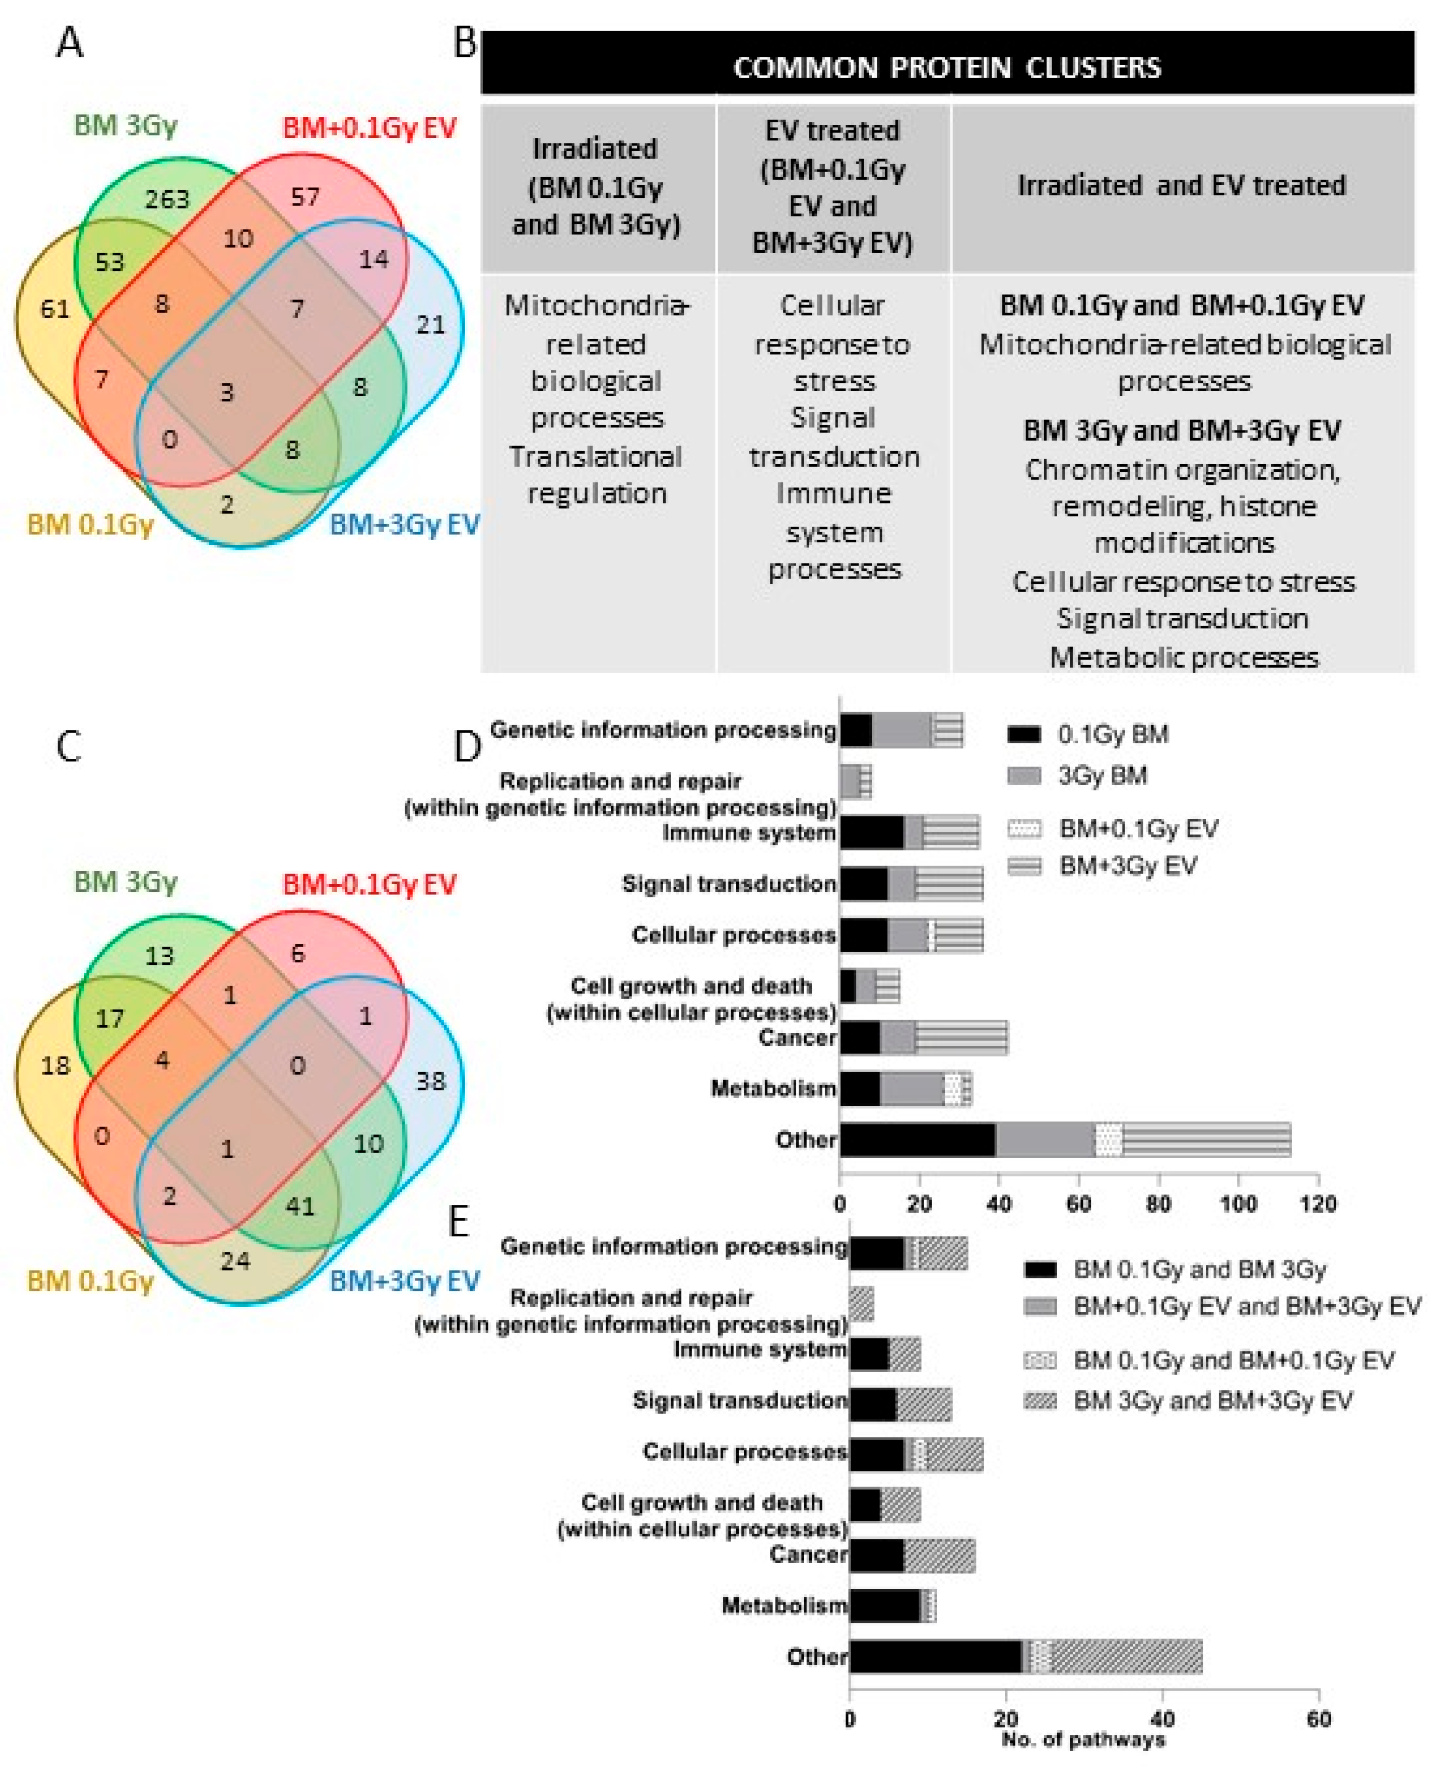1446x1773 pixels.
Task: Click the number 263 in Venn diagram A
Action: click(167, 198)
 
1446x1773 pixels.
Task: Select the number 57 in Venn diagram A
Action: click(305, 197)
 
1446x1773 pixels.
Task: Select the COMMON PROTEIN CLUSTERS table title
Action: click(946, 67)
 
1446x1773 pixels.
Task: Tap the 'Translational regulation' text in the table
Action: click(596, 475)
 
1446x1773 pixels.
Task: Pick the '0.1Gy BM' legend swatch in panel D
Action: click(1024, 734)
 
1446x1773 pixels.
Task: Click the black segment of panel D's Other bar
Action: click(917, 1140)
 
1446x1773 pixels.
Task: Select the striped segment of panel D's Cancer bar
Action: click(961, 1038)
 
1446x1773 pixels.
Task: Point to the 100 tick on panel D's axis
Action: click(1238, 1203)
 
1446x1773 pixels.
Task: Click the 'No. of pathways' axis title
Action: click(1083, 1740)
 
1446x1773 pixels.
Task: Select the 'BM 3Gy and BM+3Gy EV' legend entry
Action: click(1212, 1401)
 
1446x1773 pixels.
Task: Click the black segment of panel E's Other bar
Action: click(934, 1656)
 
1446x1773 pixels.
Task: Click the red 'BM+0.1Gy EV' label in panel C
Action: click(369, 884)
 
